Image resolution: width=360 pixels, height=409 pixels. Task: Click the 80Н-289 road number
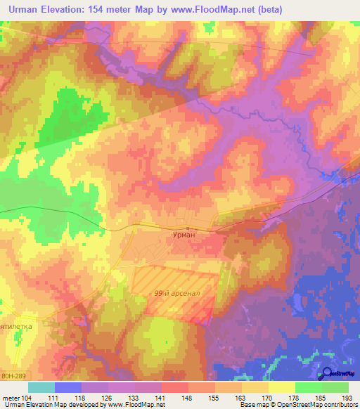click(x=13, y=376)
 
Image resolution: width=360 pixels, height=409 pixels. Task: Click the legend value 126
click(x=108, y=398)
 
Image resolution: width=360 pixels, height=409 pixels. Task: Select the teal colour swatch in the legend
click(x=41, y=387)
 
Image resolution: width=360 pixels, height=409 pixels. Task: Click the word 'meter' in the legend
click(x=11, y=398)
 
